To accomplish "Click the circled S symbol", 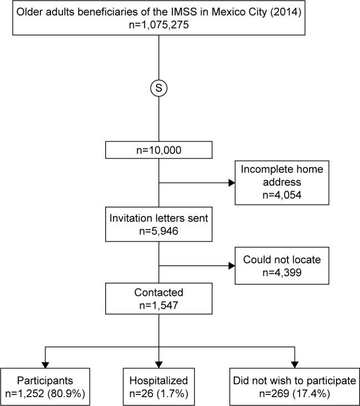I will (160, 88).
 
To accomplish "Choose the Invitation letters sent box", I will (160, 224).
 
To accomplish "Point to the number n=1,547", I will (160, 306).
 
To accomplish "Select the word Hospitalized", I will (160, 381).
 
